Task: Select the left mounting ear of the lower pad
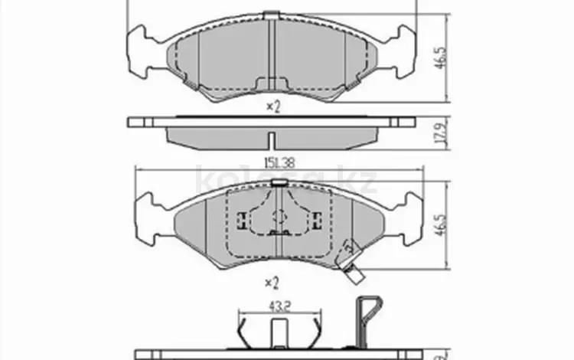(x=145, y=214)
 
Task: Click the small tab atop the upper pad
(x=272, y=15)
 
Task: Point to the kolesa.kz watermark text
(x=287, y=182)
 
